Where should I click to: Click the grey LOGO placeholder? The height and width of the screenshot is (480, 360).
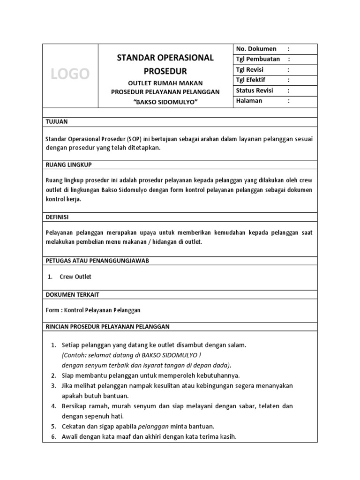tap(70, 74)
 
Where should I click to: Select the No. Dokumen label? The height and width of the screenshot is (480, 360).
tap(256, 49)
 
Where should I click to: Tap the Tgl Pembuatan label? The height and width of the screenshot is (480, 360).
tap(258, 59)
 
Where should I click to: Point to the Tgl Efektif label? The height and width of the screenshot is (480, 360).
tap(250, 80)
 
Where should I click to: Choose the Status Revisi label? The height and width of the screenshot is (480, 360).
tap(255, 90)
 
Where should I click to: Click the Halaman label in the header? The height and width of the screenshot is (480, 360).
tap(249, 101)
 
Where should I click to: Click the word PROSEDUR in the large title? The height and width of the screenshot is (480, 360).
tap(165, 71)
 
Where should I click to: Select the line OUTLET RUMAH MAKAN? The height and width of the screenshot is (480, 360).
tap(165, 83)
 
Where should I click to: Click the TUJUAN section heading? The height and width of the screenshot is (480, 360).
tap(57, 122)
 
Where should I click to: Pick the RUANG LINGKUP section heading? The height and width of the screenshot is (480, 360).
tap(68, 165)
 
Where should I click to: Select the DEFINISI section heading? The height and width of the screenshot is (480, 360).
tap(57, 217)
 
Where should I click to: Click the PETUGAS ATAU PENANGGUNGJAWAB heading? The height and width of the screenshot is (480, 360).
tap(97, 261)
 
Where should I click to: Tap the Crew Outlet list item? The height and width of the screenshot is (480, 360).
tap(75, 277)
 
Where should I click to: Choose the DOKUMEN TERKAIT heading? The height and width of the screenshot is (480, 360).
tap(72, 295)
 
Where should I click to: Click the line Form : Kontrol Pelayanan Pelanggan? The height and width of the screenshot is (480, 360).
tap(93, 310)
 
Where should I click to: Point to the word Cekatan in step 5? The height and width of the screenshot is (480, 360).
tap(74, 427)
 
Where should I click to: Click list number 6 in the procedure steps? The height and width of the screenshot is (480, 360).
tap(53, 437)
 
